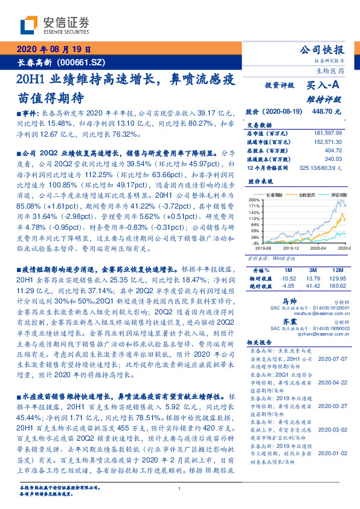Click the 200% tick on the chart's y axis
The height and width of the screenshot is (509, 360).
point(253,199)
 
